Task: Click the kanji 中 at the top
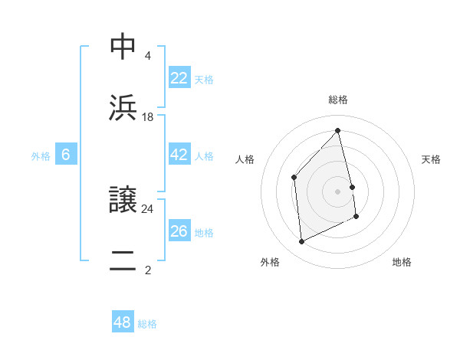tap(123, 47)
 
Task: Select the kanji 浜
tap(123, 106)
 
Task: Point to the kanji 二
tap(123, 260)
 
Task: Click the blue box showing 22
tap(179, 78)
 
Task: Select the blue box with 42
tap(179, 155)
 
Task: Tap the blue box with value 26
tap(179, 231)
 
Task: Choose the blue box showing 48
tap(122, 322)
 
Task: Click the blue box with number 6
tap(66, 155)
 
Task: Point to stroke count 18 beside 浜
tap(148, 117)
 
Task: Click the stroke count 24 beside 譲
tap(148, 208)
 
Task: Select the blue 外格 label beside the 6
tap(41, 156)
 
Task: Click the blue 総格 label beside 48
tap(147, 324)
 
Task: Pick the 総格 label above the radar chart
tap(338, 100)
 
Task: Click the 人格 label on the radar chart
tap(245, 159)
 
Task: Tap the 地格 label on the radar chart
tap(402, 262)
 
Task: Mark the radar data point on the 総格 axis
tap(338, 131)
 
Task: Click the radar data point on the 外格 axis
tap(301, 242)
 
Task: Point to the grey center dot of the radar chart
tap(338, 191)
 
